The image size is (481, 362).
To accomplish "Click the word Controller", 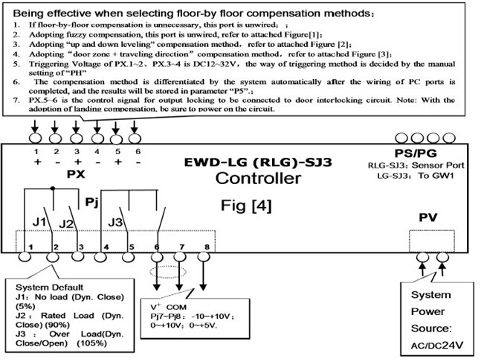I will coord(258,178).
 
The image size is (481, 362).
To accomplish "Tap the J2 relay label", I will coord(66,223).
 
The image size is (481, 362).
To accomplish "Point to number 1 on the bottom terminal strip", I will coord(30,246).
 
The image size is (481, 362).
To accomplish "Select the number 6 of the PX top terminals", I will coord(135,151).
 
